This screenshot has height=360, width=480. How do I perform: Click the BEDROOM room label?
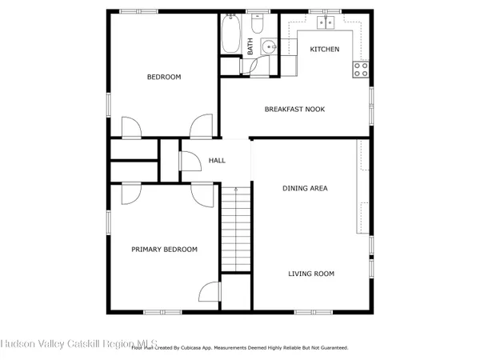tap(163, 78)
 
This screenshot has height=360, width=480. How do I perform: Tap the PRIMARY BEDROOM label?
tap(164, 250)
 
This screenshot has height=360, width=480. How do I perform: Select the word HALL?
tap(217, 161)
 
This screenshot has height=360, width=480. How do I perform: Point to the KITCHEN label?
tap(324, 50)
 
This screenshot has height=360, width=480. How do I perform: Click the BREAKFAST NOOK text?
tap(294, 109)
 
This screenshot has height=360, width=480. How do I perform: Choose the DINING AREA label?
tap(305, 189)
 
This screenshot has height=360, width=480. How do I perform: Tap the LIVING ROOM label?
tap(311, 274)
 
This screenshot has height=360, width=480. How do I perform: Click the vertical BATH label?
tap(250, 46)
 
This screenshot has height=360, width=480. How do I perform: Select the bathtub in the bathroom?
tap(231, 34)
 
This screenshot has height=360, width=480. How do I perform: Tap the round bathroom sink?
tap(269, 46)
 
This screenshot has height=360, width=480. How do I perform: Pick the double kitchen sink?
tap(326, 22)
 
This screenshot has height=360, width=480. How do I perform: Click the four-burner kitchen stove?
tap(362, 69)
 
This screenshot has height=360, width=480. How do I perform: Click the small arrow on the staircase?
tap(237, 190)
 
